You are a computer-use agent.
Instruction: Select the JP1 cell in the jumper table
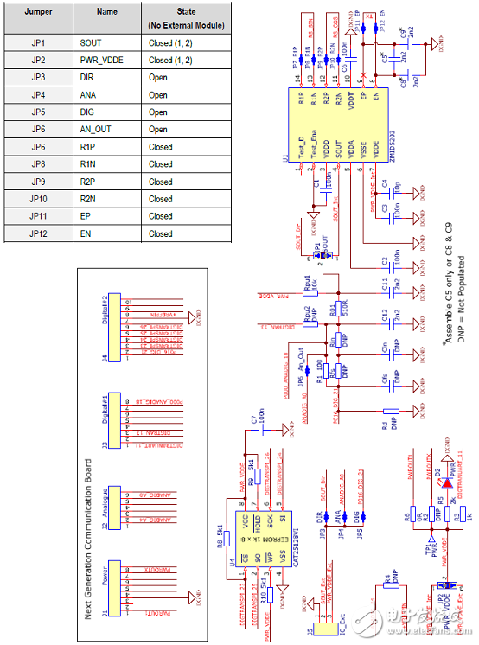click(x=36, y=42)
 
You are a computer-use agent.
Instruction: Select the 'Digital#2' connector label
click(x=105, y=306)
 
